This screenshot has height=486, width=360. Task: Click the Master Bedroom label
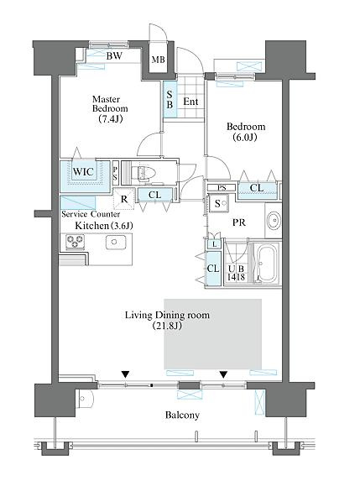point(110,104)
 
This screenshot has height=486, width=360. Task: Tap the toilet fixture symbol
point(141,174)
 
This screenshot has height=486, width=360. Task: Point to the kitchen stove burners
point(75,242)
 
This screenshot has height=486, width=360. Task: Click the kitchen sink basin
point(116,242)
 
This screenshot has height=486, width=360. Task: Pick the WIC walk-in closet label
point(83,171)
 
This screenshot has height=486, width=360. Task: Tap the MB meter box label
point(159,60)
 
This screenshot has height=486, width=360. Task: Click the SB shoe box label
point(170,99)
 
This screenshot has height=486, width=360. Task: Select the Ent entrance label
point(190,102)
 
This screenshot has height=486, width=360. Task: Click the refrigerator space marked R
point(124,199)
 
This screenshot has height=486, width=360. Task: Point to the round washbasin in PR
point(274,221)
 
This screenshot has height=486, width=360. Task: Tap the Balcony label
point(182,415)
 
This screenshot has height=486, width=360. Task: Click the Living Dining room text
point(167,316)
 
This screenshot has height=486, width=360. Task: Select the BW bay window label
point(114,55)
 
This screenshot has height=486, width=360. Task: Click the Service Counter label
point(91,214)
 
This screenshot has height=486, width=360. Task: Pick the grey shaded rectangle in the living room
point(213,334)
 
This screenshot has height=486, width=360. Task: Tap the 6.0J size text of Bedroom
point(245,137)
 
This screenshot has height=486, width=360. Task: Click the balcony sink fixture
point(84,399)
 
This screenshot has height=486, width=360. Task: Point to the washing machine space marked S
point(218,203)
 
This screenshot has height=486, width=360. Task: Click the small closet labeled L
point(214,244)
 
